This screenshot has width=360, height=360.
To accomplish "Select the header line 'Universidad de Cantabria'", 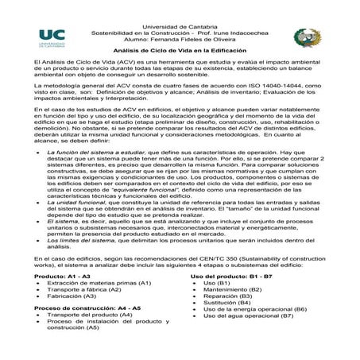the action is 180,6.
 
